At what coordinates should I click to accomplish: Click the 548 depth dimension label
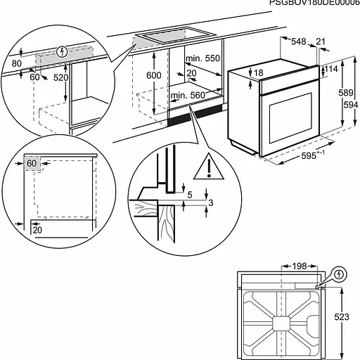pyautogui.click(x=299, y=43)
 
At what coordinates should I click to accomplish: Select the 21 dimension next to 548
pyautogui.click(x=321, y=43)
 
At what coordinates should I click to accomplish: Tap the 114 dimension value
pyautogui.click(x=332, y=69)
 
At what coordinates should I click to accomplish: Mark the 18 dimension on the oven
pyautogui.click(x=259, y=72)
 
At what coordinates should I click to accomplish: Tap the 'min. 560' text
pyautogui.click(x=186, y=95)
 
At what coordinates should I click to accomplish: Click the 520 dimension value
pyautogui.click(x=61, y=77)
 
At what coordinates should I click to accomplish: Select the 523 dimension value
pyautogui.click(x=341, y=317)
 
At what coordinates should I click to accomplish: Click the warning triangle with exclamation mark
pyautogui.click(x=209, y=166)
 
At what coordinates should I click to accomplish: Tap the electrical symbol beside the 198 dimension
pyautogui.click(x=340, y=273)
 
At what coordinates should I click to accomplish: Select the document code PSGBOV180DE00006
pyautogui.click(x=314, y=4)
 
